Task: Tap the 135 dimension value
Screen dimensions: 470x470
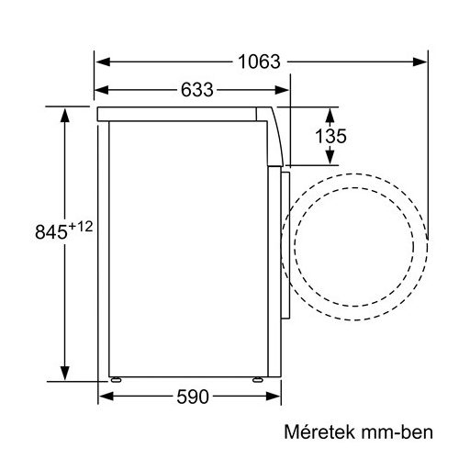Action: pos(330,137)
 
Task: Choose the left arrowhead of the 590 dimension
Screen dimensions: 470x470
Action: pos(105,397)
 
